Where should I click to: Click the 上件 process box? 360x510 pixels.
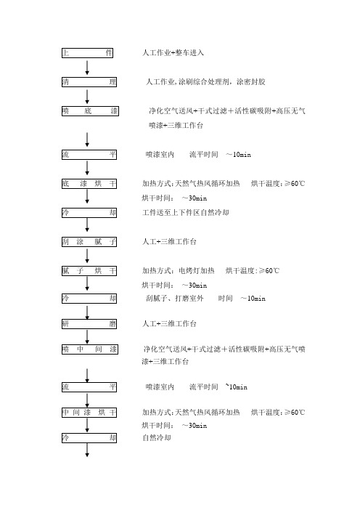pyautogui.click(x=87, y=53)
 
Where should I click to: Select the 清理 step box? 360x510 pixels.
pyautogui.click(x=89, y=82)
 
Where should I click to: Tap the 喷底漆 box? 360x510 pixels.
pyautogui.click(x=90, y=111)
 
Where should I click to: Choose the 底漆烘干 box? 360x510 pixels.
pyautogui.click(x=89, y=184)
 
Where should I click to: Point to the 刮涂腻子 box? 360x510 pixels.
pyautogui.click(x=89, y=242)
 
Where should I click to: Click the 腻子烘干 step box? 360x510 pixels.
pyautogui.click(x=89, y=271)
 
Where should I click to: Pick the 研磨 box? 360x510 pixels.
pyautogui.click(x=89, y=324)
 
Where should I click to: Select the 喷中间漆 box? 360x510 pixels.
pyautogui.click(x=90, y=349)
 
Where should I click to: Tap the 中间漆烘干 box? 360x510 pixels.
pyautogui.click(x=89, y=413)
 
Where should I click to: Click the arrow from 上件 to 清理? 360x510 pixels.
pyautogui.click(x=87, y=68)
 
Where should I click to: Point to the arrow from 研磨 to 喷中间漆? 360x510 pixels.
pyautogui.click(x=87, y=336)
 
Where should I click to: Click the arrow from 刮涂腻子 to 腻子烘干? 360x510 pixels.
pyautogui.click(x=87, y=256)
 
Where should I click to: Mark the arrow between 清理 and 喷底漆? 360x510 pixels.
pyautogui.click(x=87, y=97)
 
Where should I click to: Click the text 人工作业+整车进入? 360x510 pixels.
pyautogui.click(x=173, y=53)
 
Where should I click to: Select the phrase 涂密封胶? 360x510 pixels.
pyautogui.click(x=250, y=81)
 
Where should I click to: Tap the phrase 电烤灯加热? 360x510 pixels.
pyautogui.click(x=196, y=270)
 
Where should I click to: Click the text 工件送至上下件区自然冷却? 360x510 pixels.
pyautogui.click(x=186, y=213)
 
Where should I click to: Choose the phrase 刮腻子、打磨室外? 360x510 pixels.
pyautogui.click(x=174, y=299)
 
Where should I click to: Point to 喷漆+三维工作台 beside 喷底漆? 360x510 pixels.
pyautogui.click(x=176, y=126)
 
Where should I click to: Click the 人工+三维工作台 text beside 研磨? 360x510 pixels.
pyautogui.click(x=169, y=323)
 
